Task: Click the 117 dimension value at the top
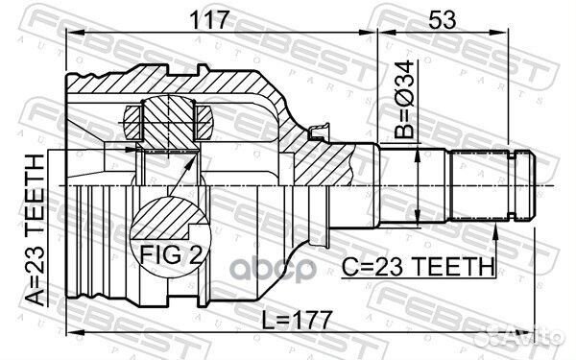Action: (218, 16)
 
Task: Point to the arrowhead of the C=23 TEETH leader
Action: (495, 228)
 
